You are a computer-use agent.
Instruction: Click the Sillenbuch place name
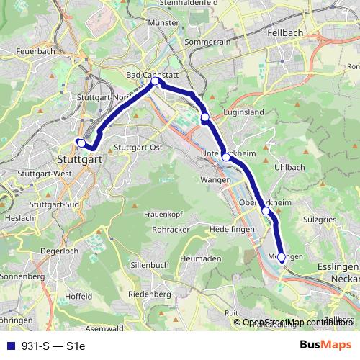tap(149, 265)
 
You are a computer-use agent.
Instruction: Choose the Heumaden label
tap(201, 258)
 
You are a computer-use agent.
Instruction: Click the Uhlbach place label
tap(289, 167)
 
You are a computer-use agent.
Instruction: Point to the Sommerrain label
tap(207, 43)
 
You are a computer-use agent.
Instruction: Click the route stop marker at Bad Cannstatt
tap(155, 81)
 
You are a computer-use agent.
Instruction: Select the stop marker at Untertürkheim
tap(226, 156)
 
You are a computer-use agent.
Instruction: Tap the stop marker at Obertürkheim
tap(266, 211)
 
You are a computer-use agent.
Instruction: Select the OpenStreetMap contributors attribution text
tap(297, 322)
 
